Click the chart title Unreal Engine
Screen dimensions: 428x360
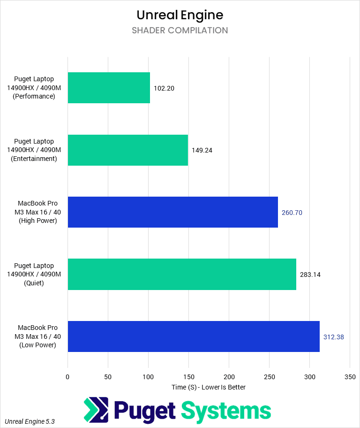pos(180,15)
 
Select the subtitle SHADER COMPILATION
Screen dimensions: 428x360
pos(180,31)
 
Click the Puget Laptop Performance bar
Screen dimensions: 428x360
pos(109,88)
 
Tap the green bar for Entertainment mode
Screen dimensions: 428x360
pos(127,150)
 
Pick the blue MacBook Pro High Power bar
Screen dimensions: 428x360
pos(172,212)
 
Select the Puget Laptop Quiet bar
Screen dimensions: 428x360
pos(182,274)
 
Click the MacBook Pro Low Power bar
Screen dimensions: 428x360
pos(194,336)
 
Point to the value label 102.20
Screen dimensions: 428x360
pos(164,88)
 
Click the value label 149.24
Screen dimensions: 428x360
pos(202,150)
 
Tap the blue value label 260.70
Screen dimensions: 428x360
pos(292,213)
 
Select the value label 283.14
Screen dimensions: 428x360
pos(310,275)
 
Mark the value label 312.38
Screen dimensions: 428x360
pos(334,337)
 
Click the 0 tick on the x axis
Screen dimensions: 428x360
pos(68,377)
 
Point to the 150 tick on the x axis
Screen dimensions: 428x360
pos(188,377)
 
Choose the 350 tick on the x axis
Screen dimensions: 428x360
pos(350,377)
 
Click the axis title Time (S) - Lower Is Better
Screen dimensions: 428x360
pos(209,387)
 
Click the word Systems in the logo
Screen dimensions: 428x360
pos(226,411)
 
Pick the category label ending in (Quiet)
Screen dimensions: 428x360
pos(34,275)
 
